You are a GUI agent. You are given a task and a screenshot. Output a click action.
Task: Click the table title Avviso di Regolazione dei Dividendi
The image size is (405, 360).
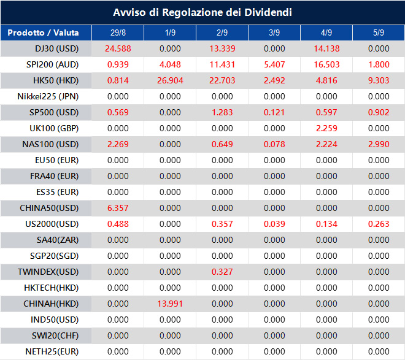[202, 12]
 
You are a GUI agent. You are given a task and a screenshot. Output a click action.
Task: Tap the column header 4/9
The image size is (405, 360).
[326, 33]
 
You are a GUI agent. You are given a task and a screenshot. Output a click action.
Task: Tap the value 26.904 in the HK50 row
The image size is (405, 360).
[169, 80]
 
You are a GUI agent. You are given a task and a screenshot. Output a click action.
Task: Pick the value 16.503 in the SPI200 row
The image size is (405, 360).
[326, 64]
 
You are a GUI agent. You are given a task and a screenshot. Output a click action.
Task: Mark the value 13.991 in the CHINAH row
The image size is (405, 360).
[169, 304]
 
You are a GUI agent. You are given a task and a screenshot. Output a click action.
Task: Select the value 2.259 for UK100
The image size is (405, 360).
[326, 128]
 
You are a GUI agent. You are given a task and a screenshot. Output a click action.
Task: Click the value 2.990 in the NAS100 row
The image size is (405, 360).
[379, 144]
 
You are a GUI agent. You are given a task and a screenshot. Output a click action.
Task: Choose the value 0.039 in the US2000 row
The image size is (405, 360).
[274, 224]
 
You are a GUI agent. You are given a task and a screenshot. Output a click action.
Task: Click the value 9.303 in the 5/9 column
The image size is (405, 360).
[379, 80]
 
